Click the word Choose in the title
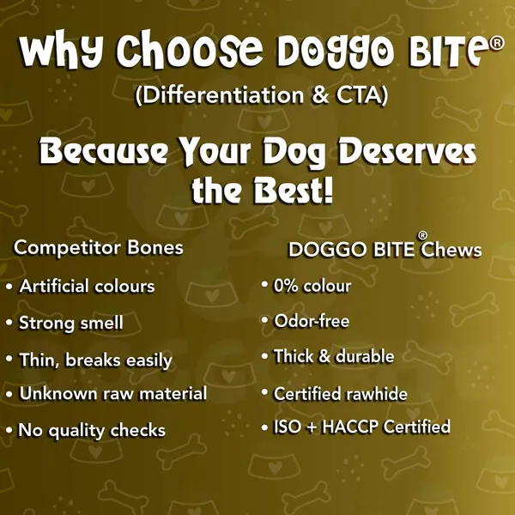pos(190,49)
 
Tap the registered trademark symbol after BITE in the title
pos(497,43)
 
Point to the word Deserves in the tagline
pos(407,151)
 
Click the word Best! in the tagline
pos(294,191)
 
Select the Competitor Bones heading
pos(98,247)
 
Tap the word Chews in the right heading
pos(451,250)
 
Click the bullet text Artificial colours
pos(87,286)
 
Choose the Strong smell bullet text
pos(71,323)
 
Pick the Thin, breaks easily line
pos(95,360)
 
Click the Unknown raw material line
pos(113,393)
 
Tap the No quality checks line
pos(92,430)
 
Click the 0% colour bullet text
pos(312,286)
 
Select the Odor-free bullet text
pos(312,321)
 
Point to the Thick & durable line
pos(334,356)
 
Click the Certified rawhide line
pos(341,393)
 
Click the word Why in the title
pos(62,50)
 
